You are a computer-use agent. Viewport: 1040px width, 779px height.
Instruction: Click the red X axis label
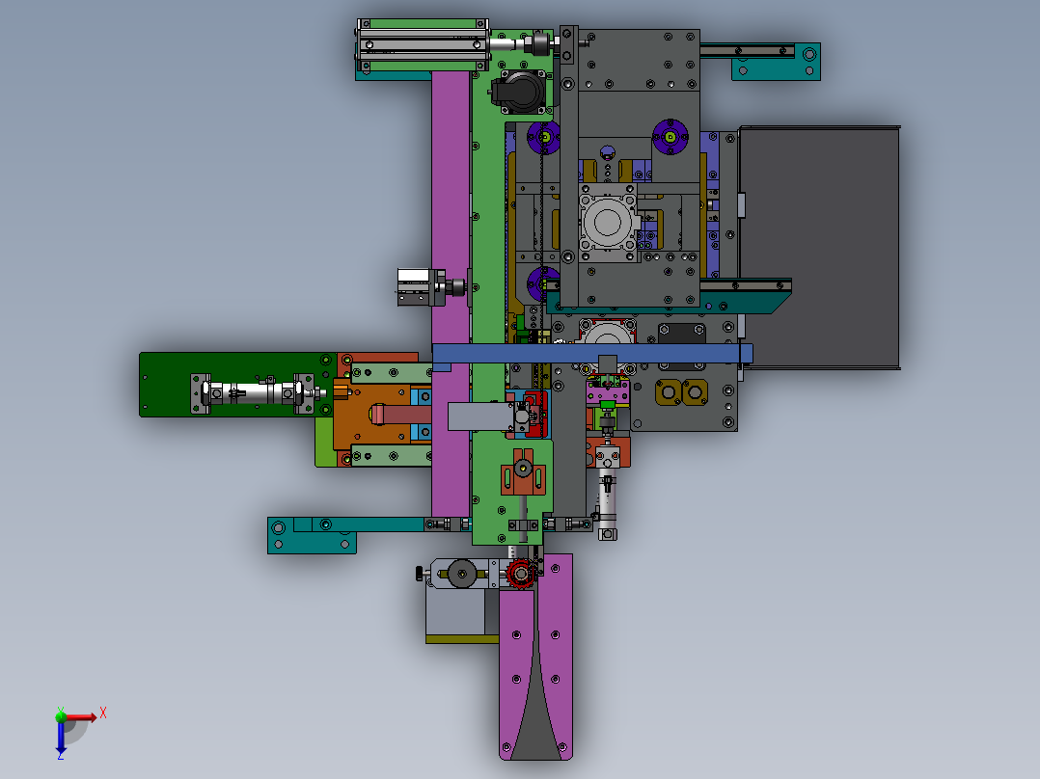click(103, 713)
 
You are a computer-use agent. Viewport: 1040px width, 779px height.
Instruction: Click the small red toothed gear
click(520, 573)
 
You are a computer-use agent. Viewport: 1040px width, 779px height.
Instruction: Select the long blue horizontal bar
click(591, 354)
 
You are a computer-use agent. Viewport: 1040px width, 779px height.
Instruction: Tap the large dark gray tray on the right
click(819, 247)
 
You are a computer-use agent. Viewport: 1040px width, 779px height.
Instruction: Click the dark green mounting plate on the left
click(235, 385)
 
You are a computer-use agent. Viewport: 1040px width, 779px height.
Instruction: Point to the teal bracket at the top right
click(776, 62)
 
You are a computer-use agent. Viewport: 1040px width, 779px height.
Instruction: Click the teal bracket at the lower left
click(312, 534)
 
